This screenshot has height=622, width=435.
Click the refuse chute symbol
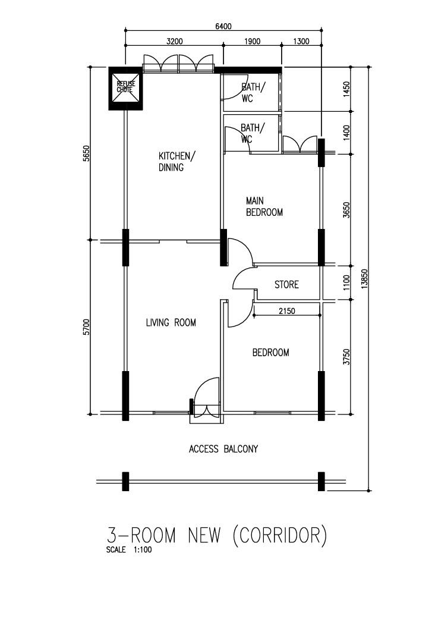[125, 88]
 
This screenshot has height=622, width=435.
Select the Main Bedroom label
[264, 206]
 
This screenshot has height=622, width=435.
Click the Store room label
[286, 285]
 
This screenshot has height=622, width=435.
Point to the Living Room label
[171, 322]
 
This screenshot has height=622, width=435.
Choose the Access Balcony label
[223, 449]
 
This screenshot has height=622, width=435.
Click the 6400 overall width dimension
[223, 26]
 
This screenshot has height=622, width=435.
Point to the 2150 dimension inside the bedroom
[286, 311]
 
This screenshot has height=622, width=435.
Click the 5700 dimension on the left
[86, 327]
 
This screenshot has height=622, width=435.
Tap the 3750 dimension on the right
[347, 357]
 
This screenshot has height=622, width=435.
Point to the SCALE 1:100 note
[129, 550]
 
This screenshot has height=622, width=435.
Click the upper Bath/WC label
[253, 92]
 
